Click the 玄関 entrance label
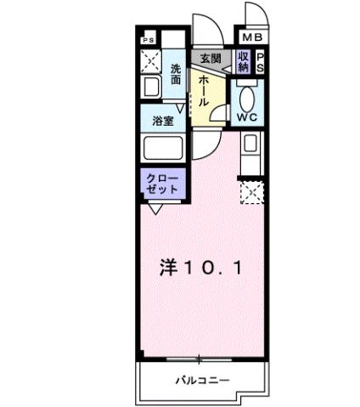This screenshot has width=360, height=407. [x=210, y=59]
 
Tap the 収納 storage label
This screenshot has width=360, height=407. [x=243, y=61]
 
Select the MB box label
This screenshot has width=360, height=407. [x=252, y=38]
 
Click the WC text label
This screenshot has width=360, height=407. [x=249, y=116]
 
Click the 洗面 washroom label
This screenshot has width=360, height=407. [x=176, y=75]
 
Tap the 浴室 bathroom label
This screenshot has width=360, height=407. [x=163, y=122]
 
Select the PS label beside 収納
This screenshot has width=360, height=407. [x=260, y=61]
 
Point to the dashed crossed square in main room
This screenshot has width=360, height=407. [x=252, y=194]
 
